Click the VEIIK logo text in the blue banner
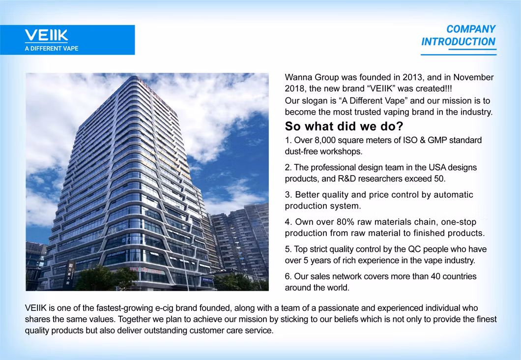coord(46,35)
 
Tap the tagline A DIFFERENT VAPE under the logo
coord(52,49)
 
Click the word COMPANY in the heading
coord(471,29)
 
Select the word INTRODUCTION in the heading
coord(458,42)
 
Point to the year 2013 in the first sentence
coord(412,77)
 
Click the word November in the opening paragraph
coord(473,77)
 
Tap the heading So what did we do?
coord(344,126)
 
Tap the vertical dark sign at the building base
coord(70,274)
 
